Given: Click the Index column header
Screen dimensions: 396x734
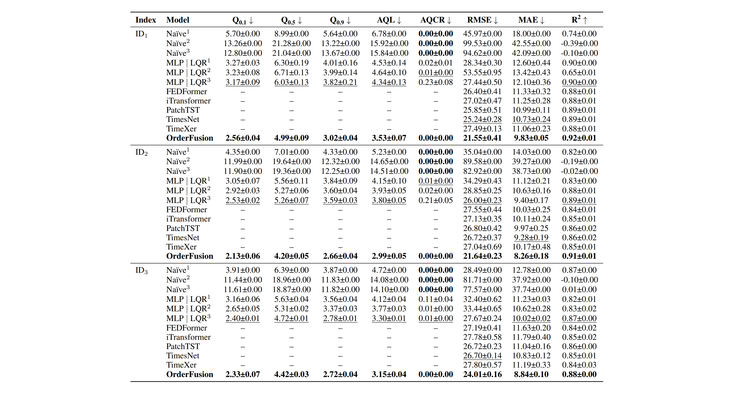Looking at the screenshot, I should coord(146,20).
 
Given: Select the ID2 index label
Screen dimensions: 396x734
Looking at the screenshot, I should coord(141,152).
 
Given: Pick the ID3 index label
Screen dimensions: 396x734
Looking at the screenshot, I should coord(141,270).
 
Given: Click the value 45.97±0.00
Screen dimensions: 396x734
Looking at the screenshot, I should coord(482,34).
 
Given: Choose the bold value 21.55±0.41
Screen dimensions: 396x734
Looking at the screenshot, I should coord(482,138).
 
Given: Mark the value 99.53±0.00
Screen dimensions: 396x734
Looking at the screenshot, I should coord(482,43).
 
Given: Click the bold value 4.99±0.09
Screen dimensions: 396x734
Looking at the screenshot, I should coord(291,138).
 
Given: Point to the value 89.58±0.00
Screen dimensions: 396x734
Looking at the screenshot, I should coord(482,161).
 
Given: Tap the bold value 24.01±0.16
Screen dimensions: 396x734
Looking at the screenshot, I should coord(482,374).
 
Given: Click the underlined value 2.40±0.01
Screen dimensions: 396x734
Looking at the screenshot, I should coord(243,319).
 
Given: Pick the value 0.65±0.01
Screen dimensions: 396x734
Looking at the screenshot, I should coord(579,72).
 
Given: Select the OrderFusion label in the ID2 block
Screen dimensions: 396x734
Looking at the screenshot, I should coord(189,256).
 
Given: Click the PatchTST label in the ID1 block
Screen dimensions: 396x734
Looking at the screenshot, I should coord(183,110).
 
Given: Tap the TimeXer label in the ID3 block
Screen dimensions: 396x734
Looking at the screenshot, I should coord(181,365).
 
